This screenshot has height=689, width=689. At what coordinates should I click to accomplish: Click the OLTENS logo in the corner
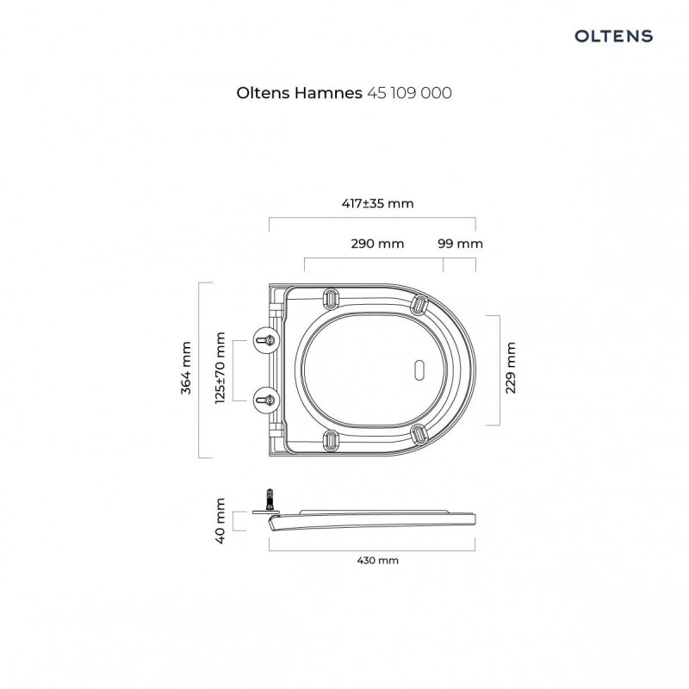tap(613, 36)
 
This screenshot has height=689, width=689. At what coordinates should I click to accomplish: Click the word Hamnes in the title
tap(328, 93)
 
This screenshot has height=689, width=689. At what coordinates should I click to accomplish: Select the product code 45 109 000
tap(409, 93)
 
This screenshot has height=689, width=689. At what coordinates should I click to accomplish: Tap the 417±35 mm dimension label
tap(377, 203)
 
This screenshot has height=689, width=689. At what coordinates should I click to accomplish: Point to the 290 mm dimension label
tap(377, 244)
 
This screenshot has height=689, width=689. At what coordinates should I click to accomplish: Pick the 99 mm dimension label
tap(460, 244)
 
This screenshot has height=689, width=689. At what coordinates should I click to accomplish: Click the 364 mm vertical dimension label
tap(186, 369)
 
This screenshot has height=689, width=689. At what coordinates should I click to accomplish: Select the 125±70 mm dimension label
tap(220, 369)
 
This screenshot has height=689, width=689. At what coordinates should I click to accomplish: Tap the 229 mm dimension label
tap(511, 369)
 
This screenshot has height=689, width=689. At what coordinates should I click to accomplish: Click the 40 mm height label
tap(220, 521)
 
